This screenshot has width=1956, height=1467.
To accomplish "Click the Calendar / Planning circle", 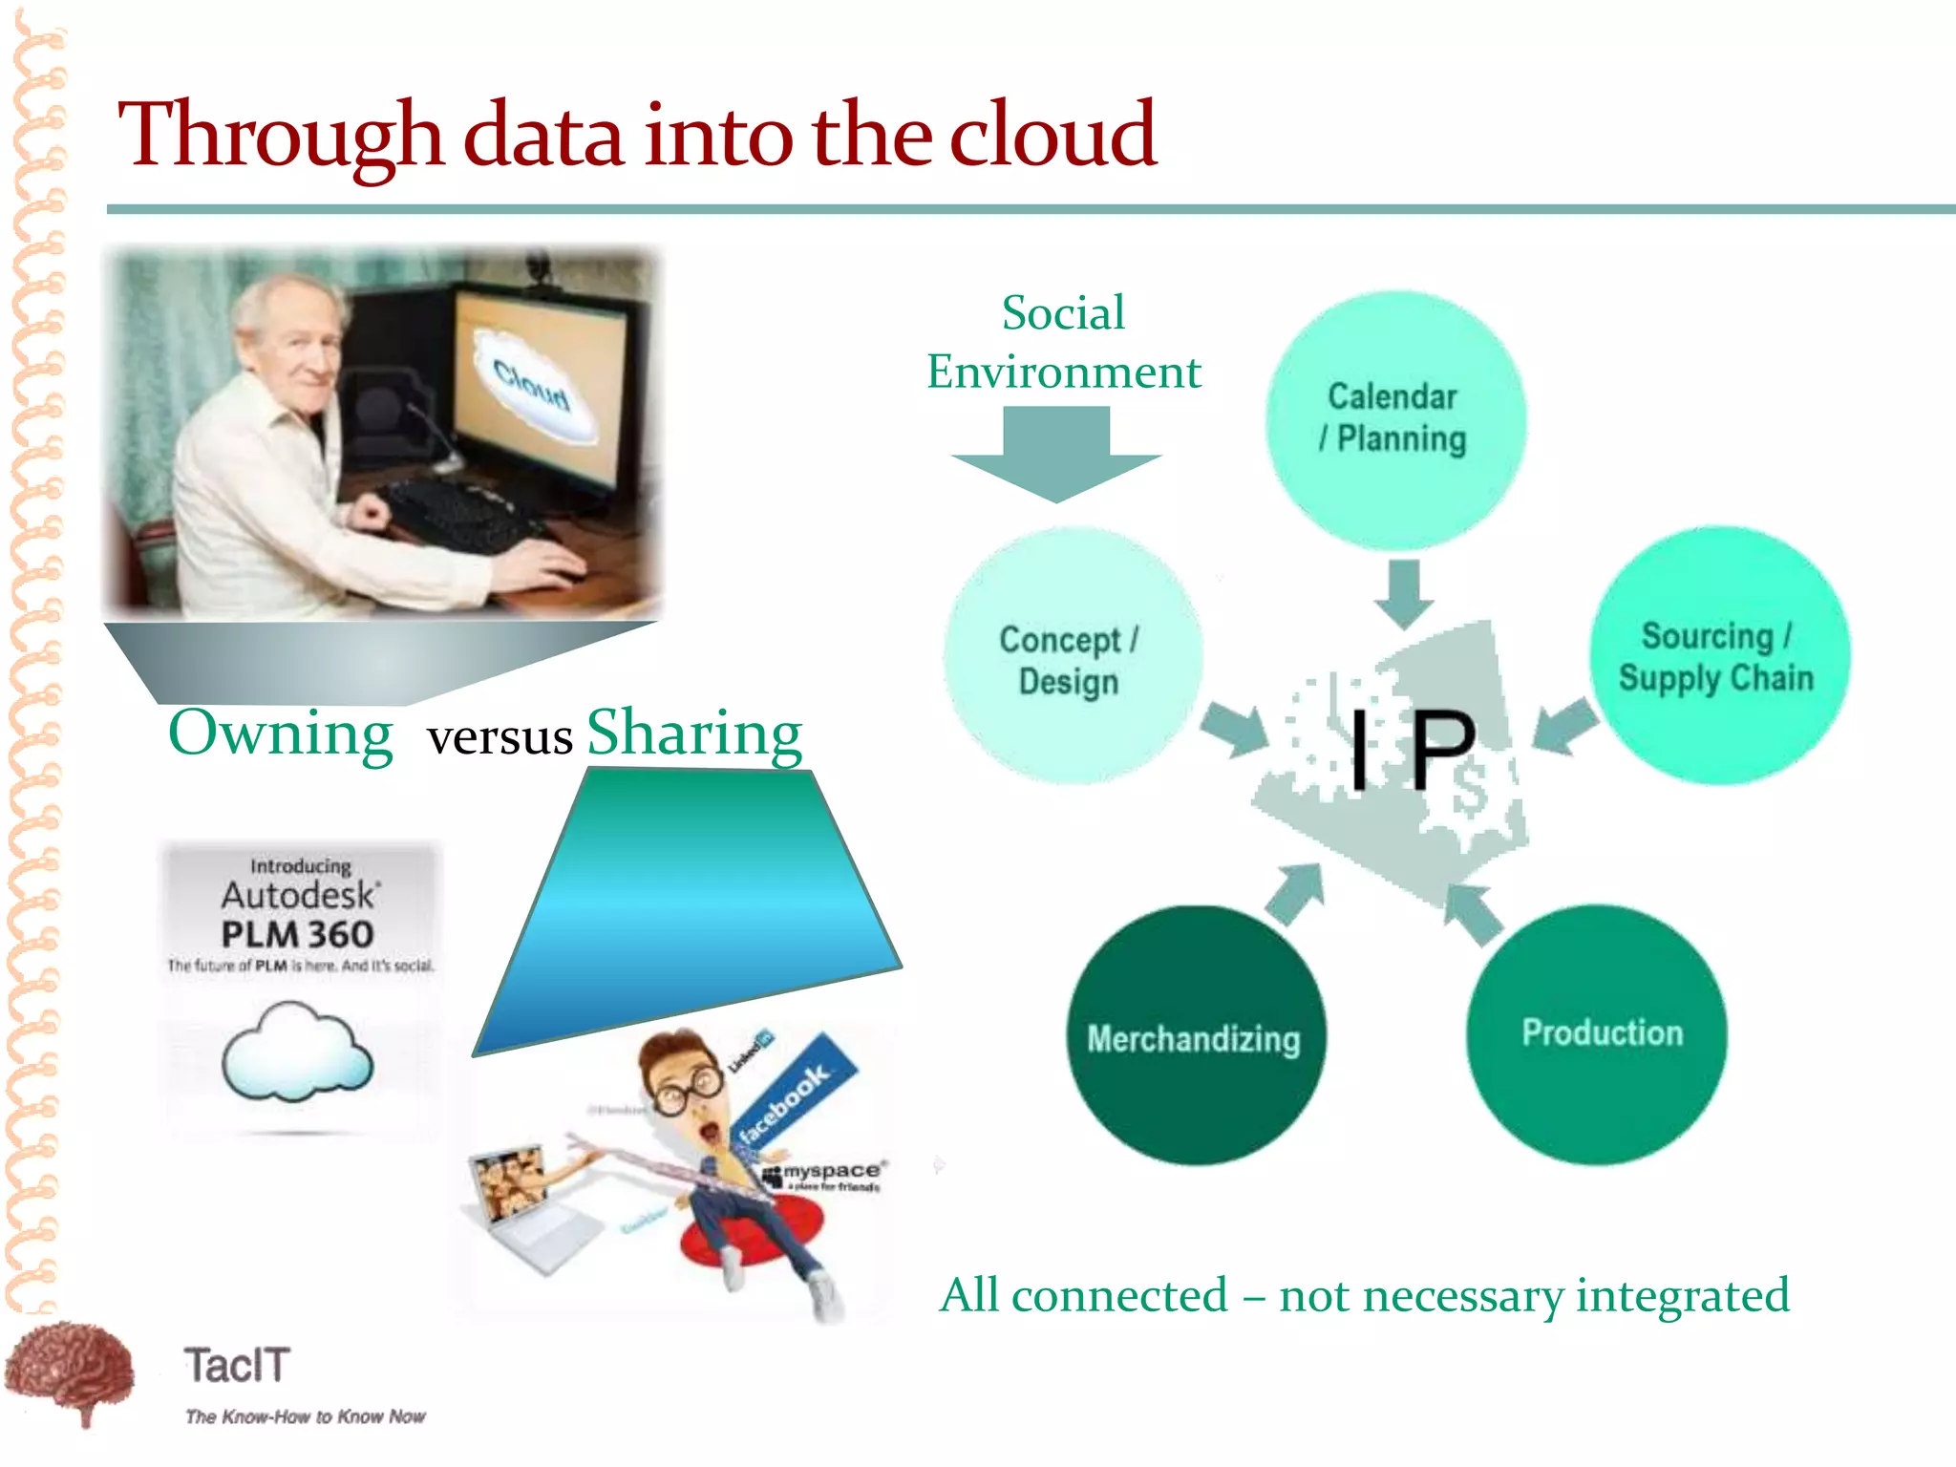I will click(1395, 419).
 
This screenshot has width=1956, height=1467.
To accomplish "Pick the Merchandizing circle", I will click(1195, 1036).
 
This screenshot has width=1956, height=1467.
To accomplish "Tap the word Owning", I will click(280, 733).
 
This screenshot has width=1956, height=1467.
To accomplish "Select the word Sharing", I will click(694, 733).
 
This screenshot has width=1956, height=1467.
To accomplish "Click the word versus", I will click(500, 737).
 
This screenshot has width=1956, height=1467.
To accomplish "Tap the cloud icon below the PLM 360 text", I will click(297, 1051).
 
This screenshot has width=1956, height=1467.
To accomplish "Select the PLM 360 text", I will click(297, 934).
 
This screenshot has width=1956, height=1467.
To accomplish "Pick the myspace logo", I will click(826, 1173).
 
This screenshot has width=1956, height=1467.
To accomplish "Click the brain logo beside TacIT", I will click(69, 1371).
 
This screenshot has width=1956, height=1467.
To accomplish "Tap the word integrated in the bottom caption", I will click(1682, 1296).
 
